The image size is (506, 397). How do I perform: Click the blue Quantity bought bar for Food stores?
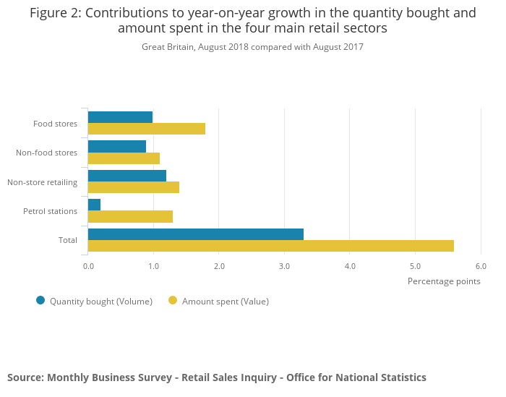coord(120,117)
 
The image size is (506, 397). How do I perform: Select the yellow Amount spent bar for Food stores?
coord(147,129)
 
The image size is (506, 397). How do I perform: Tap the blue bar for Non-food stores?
coord(117,146)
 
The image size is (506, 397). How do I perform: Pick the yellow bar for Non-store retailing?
coord(134,187)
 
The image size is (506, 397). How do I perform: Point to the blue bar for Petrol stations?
coord(94,205)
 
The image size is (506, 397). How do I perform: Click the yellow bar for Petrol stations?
coord(130,216)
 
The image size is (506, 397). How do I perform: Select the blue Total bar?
coord(195,234)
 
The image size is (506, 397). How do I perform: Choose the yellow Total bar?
coord(270,246)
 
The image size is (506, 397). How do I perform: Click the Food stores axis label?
coord(55,124)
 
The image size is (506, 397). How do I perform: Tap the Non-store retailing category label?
coord(42,182)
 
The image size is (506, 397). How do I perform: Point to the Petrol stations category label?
coord(50,211)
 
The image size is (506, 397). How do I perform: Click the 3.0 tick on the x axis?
coord(284,266)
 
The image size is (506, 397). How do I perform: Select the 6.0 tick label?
coord(481,266)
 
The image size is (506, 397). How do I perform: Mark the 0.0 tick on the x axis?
coord(88,266)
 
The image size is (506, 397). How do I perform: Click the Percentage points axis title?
coord(444,281)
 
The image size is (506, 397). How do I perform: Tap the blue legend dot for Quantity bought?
coord(40,300)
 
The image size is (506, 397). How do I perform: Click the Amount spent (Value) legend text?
coord(225,301)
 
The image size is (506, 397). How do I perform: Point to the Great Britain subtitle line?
coord(252,47)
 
